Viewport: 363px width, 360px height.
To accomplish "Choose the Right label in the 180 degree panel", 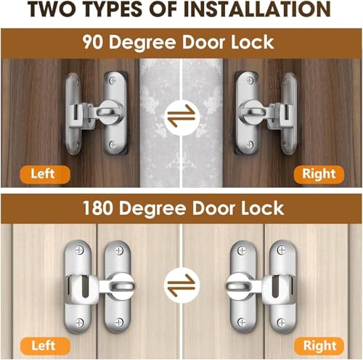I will pos(319,345).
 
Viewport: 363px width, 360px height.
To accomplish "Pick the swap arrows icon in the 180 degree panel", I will pos(181,279).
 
